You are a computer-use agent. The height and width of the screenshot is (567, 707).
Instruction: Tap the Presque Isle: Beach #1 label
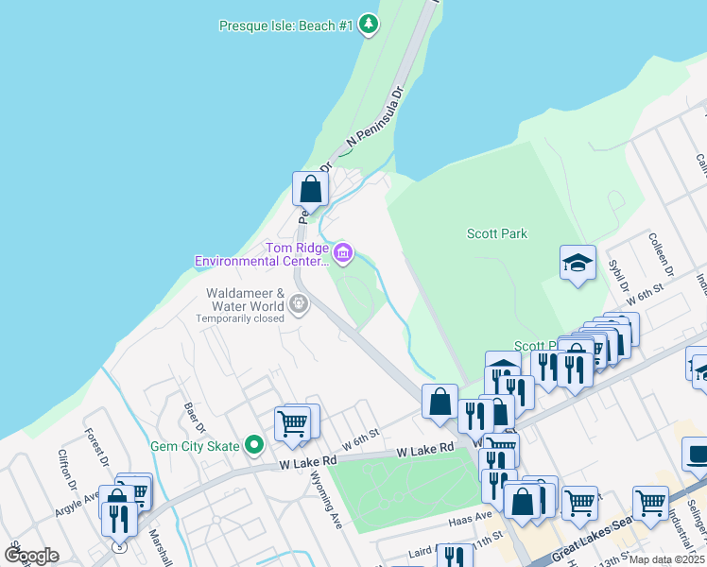click(x=285, y=26)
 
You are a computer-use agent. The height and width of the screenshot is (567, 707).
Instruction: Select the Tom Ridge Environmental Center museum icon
click(x=343, y=252)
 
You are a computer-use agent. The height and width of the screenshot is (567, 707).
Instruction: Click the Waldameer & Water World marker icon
click(x=299, y=304)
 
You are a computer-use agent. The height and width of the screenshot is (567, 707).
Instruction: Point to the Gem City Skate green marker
click(x=253, y=444)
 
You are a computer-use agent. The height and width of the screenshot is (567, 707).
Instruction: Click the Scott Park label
click(x=497, y=233)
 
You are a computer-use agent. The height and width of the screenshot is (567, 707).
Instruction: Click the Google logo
click(x=31, y=555)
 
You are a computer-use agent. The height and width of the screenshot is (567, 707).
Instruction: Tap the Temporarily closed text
click(x=240, y=318)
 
